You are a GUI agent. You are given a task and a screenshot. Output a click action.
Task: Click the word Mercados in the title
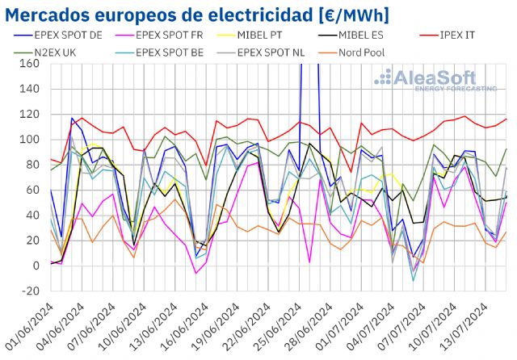click(45, 14)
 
